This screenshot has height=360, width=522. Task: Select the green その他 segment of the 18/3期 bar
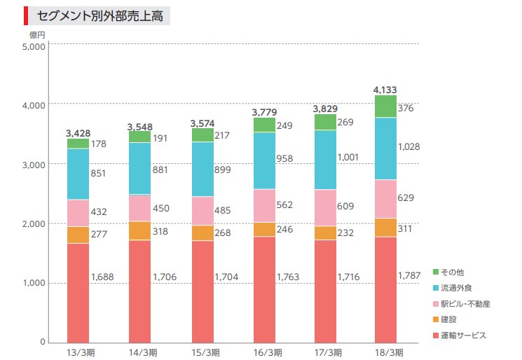[x=385, y=106]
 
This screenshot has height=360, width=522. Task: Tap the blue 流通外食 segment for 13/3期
[x=78, y=174]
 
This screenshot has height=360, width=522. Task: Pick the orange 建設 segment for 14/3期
[x=139, y=231]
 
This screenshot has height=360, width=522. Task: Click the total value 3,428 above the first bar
[x=78, y=133]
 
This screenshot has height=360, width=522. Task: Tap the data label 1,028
[x=410, y=146]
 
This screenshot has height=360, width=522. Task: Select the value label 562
[x=284, y=206]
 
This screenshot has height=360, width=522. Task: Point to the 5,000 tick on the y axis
[x=34, y=47]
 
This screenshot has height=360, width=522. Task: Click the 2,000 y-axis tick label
[x=34, y=224]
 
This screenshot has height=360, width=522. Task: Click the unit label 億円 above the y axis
[x=37, y=34]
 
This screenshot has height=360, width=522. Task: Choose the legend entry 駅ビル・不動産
[x=467, y=303]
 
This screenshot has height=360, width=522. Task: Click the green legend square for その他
[x=436, y=271]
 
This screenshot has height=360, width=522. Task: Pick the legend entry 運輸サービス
[x=464, y=335]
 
